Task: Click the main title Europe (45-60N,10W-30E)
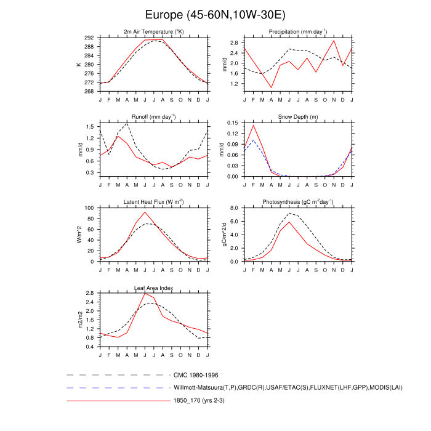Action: point(215,14)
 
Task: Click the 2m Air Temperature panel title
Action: point(153,32)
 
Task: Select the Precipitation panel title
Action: point(297,32)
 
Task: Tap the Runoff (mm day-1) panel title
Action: point(153,117)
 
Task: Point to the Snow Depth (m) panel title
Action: point(297,117)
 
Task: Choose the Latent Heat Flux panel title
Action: point(153,202)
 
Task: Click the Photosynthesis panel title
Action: point(297,202)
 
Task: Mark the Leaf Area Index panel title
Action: point(153,288)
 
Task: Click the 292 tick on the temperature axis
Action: point(89,38)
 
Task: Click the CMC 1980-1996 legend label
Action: point(196,374)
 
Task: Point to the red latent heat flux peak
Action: point(145,212)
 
